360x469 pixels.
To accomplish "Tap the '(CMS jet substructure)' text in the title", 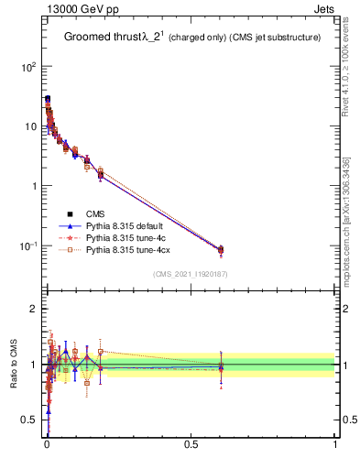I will pos(274,38).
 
